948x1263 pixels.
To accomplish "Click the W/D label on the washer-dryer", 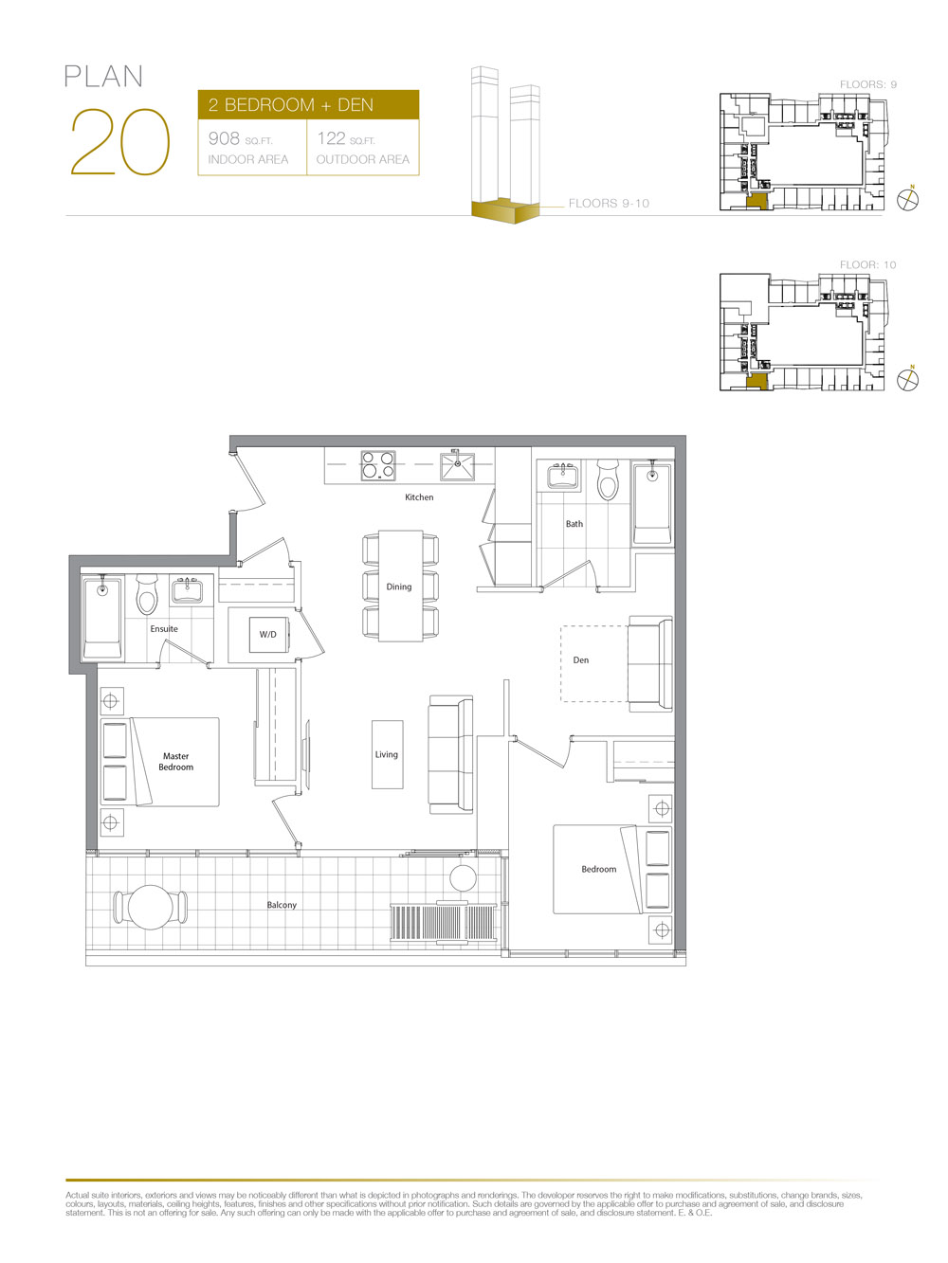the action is pos(267,634).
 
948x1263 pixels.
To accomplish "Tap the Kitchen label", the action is pos(419,497).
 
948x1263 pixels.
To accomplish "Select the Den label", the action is pos(581,660).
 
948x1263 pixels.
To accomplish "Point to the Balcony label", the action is pos(282,905).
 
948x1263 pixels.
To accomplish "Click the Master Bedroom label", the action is pos(176,761).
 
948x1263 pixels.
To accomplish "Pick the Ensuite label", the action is pos(164,629).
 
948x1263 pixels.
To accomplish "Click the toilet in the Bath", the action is pos(608,479).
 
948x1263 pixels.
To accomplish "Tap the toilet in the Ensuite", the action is pos(147,594).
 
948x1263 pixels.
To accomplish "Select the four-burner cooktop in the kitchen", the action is pos(378,465).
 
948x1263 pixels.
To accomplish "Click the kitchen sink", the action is pos(458,466).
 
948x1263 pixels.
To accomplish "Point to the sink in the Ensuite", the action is pos(187,591).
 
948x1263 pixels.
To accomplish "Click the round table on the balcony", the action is pos(150,908).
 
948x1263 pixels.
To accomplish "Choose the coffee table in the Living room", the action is pos(388,754).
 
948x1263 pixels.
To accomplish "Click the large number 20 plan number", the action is pos(120,141).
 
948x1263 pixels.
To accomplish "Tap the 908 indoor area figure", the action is pos(224,138).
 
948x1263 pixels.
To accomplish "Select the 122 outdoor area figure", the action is pos(331,138).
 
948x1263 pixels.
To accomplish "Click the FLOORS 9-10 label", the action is pos(609,203).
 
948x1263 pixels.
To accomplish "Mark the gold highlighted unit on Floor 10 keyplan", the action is pos(757,381).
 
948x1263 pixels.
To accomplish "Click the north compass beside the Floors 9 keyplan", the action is pos(907,199).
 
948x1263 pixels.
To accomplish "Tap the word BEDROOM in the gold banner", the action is pos(269,105).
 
